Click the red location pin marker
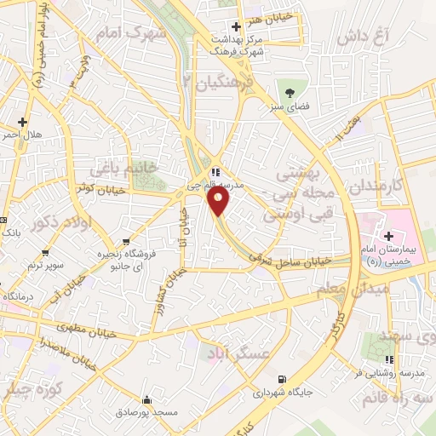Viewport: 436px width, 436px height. pyautogui.click(x=218, y=201)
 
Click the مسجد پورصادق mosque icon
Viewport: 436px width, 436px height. pyautogui.click(x=148, y=399)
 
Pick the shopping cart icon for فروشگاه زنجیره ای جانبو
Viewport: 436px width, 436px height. pyautogui.click(x=126, y=241)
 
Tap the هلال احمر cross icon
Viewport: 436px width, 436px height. pyautogui.click(x=22, y=121)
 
